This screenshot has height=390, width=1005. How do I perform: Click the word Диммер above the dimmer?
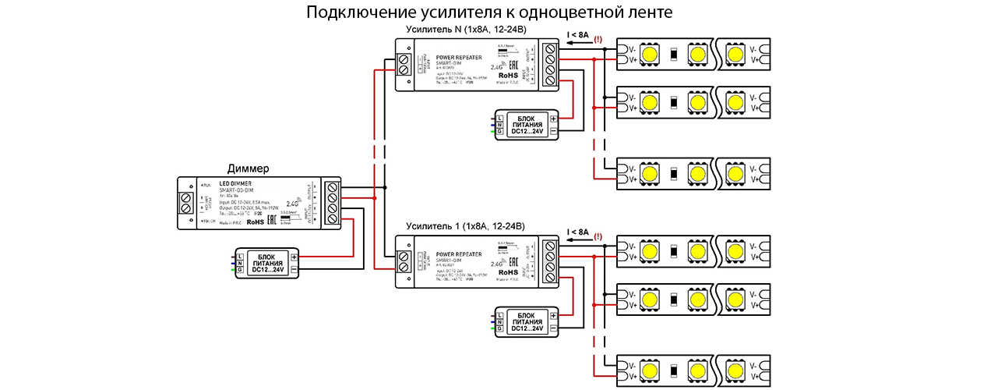point(248,168)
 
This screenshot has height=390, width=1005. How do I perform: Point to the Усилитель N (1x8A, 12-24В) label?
point(466,30)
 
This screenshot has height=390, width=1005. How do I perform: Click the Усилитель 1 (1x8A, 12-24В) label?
point(466,226)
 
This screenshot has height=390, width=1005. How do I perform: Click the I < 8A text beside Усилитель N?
point(577,34)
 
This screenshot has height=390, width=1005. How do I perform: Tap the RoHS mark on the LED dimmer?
point(256,222)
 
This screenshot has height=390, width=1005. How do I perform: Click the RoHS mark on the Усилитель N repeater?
point(497,76)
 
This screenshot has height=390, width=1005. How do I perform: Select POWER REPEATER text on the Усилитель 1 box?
point(458,254)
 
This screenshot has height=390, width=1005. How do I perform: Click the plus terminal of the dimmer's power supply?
point(294,257)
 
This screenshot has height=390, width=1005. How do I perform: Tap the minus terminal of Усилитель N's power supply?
point(553,132)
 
